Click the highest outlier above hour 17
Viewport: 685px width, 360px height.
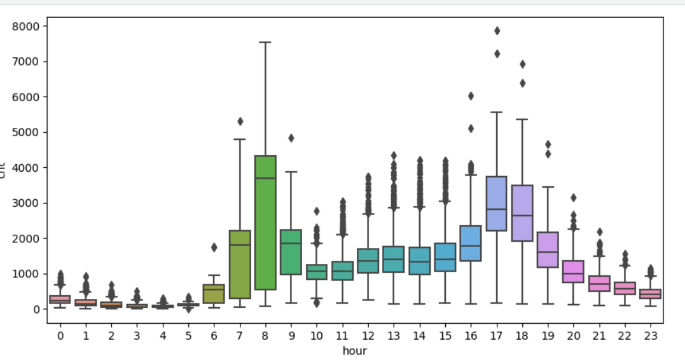point(497,31)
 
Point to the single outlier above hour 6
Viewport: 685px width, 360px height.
point(214,247)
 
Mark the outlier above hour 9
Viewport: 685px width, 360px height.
point(291,138)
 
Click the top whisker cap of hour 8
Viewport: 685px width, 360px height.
point(265,43)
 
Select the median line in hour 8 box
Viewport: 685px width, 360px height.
point(265,178)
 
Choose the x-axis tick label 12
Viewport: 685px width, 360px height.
point(368,335)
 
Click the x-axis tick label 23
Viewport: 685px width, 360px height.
point(650,335)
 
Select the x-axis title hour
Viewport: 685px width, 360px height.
point(354,350)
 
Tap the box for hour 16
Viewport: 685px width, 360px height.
point(471,243)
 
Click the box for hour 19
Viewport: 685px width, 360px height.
point(548,250)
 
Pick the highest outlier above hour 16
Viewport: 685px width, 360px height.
point(471,96)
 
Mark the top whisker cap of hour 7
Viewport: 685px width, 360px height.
point(239,139)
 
